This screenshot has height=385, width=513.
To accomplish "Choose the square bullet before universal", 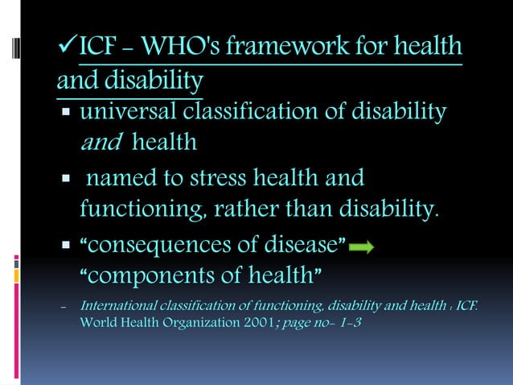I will pyautogui.click(x=67, y=113).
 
